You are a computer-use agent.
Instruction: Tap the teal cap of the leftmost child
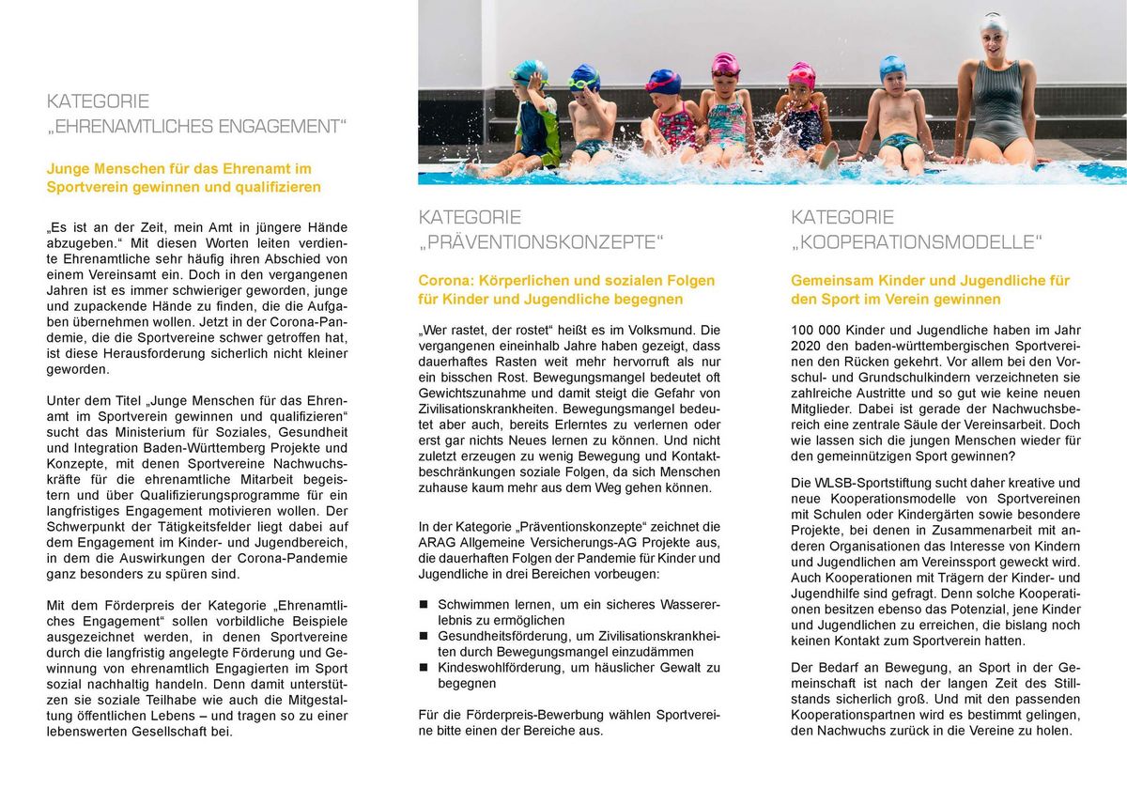[x=529, y=70]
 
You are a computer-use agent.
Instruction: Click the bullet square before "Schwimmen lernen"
[x=424, y=605]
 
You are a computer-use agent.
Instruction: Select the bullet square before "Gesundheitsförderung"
[x=424, y=636]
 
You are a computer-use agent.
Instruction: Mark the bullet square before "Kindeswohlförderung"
[x=424, y=667]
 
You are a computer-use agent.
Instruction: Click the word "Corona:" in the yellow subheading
[x=446, y=280]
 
